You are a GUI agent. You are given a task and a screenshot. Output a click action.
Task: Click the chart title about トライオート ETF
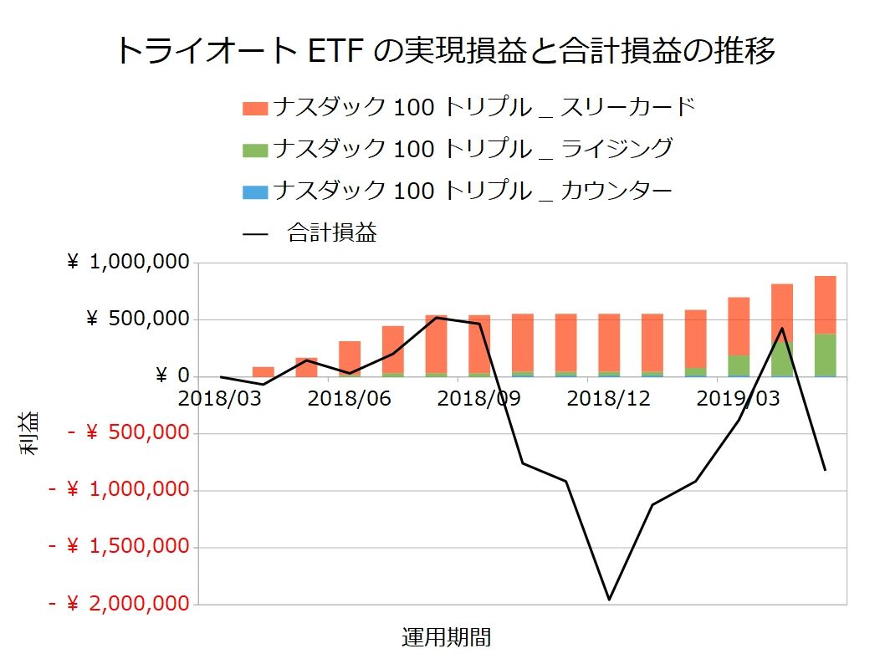coord(443,51)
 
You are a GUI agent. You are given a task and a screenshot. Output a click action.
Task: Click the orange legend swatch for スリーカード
coord(255,109)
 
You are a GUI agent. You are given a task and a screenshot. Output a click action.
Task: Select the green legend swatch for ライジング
coord(255,151)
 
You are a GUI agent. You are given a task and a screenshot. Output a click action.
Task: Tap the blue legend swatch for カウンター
coord(255,192)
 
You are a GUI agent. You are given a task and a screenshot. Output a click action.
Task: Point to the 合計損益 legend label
coord(331,233)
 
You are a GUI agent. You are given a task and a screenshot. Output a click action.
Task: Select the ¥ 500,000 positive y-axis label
coord(138,319)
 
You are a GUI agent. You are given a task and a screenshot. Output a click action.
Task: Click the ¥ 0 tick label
coord(172,376)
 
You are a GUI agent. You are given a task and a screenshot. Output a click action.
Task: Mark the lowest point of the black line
coord(609,600)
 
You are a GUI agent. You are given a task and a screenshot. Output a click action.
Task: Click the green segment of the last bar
coord(825,355)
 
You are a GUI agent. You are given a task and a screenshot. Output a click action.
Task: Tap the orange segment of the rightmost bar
coord(825,304)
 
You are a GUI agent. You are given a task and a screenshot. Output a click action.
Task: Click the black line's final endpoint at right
coord(826,470)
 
